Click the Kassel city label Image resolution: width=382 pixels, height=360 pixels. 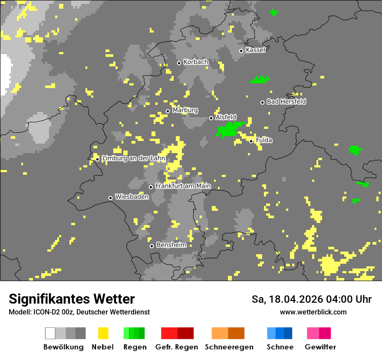tap(255, 50)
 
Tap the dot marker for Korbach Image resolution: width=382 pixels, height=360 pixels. tap(179, 63)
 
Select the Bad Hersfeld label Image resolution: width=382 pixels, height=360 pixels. tap(286, 101)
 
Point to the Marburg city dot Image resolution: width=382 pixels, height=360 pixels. tap(168, 111)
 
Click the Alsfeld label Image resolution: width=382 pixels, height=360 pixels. tap(226, 117)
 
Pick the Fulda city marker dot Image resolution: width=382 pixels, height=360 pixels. tap(251, 141)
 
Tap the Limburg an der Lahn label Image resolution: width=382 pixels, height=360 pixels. tap(133, 158)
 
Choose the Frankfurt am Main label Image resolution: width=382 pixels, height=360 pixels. tap(183, 186)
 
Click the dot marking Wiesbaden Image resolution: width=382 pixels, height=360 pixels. tap(110, 198)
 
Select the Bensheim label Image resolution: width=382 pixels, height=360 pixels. tap(171, 245)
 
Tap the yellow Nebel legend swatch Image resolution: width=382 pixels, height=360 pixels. tap(103, 333)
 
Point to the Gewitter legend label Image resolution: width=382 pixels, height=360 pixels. tap(320, 347)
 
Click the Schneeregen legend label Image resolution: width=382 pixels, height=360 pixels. tap(229, 347)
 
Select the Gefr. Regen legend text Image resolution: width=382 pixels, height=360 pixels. tap(177, 347)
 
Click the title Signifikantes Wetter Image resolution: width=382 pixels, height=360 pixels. tap(72, 299)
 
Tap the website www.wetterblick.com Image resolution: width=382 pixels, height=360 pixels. tap(313, 312)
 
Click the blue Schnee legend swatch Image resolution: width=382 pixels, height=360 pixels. tap(280, 333)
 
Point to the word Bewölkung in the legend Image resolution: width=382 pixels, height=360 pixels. tap(63, 347)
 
